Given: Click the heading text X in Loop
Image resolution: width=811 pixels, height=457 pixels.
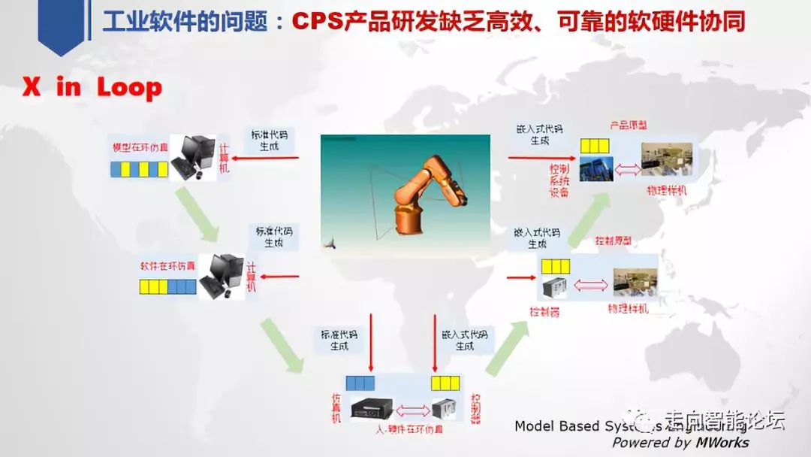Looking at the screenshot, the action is point(92,88).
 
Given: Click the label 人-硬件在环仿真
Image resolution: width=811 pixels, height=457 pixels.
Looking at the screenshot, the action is point(409,429).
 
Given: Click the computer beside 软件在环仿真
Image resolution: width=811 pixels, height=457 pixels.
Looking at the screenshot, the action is point(224,275).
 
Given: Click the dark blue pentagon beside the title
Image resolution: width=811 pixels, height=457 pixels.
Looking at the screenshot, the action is point(61,27).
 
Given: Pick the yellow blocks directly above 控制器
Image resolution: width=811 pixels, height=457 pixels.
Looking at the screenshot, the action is point(556,266).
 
